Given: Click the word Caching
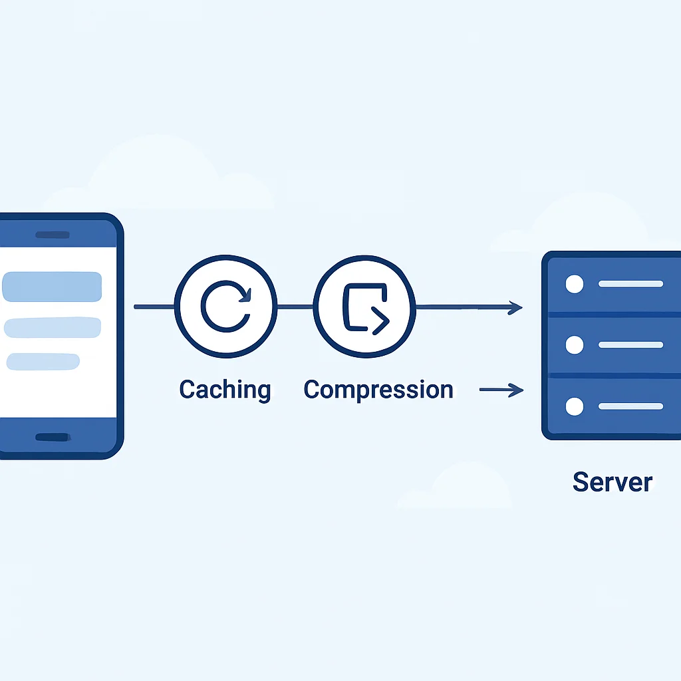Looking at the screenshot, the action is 225,390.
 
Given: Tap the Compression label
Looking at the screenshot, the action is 378,390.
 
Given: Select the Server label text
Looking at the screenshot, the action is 613,481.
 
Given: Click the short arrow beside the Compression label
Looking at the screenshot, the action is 501,390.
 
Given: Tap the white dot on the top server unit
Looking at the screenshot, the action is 574,284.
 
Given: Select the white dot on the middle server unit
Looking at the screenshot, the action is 574,345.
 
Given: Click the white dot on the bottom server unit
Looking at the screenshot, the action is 574,406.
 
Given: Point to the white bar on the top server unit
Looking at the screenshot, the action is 630,284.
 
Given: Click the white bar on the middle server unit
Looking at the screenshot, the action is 630,345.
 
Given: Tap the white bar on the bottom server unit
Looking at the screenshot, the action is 630,406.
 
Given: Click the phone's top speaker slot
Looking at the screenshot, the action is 53,235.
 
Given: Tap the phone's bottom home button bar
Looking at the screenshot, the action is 53,437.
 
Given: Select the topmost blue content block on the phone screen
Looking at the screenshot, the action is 52,287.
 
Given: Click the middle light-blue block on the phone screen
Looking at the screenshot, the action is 53,327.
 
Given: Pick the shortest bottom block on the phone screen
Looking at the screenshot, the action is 43,361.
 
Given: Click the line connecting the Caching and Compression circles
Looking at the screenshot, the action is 295,307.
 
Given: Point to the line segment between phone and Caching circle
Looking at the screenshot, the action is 154,307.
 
